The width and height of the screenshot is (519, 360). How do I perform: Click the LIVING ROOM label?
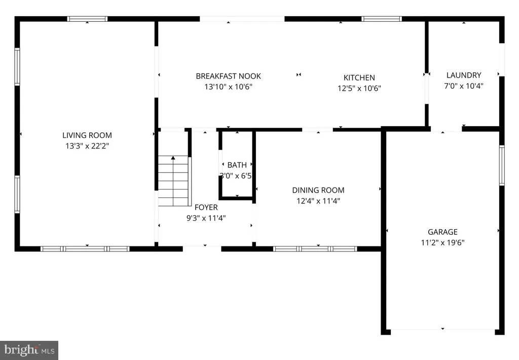(87, 135)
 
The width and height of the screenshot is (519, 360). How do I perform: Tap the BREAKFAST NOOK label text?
(229, 76)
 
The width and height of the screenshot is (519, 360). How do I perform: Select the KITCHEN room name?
(359, 78)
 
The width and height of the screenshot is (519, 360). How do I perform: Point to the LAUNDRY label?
(464, 75)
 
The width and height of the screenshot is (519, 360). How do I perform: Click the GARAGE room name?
(442, 232)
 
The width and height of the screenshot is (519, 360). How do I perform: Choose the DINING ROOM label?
(318, 190)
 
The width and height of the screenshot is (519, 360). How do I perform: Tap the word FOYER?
(206, 207)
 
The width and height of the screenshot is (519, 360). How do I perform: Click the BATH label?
(237, 165)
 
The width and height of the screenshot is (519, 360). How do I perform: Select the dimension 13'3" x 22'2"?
(87, 146)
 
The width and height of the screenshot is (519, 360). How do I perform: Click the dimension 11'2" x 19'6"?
(442, 242)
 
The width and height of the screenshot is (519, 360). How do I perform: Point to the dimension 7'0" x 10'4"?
(464, 86)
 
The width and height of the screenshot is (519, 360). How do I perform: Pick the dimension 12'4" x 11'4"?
(318, 201)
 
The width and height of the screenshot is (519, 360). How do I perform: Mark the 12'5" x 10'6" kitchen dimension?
(359, 88)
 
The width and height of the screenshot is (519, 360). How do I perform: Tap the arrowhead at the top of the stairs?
(173, 158)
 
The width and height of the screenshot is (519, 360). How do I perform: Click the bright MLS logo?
(29, 350)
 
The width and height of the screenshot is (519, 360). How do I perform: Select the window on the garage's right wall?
(502, 165)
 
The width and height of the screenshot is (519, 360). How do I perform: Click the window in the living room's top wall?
(87, 19)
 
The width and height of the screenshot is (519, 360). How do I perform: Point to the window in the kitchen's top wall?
(382, 19)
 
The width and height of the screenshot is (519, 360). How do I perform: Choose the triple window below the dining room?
(315, 249)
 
